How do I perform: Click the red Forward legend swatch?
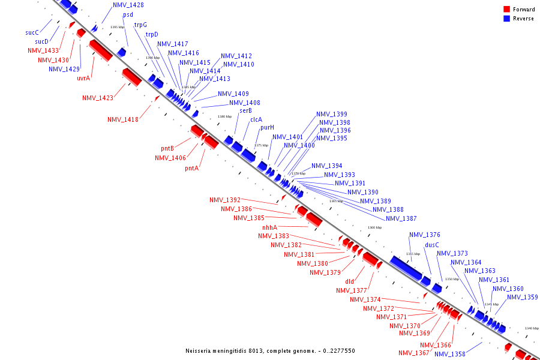507,10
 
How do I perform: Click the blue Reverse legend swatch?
507,19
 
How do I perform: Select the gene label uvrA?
83,78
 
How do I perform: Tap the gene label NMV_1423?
98,98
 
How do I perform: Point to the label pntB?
167,148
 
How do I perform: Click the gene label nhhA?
270,227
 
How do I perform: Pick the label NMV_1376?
425,235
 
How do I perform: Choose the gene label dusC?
432,245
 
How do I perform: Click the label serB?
246,110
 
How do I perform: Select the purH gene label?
267,127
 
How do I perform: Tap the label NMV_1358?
450,354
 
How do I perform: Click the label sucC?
32,32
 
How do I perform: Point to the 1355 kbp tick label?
413,254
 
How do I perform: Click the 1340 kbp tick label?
532,328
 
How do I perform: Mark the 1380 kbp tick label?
224,116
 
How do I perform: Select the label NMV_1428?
128,5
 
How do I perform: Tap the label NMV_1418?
123,119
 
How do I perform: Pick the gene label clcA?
256,119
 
